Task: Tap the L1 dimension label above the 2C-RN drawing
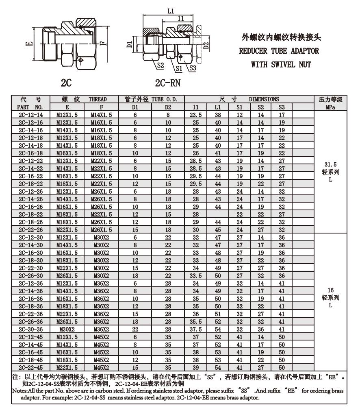(x=171, y=11)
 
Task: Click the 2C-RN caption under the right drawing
(x=168, y=83)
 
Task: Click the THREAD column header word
(x=98, y=99)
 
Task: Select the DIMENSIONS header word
(x=264, y=99)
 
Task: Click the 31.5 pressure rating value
(x=330, y=164)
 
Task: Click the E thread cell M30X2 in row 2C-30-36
(x=66, y=329)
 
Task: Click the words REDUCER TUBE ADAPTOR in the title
(x=279, y=51)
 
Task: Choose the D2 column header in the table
(x=167, y=107)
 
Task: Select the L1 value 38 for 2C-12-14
(x=217, y=115)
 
